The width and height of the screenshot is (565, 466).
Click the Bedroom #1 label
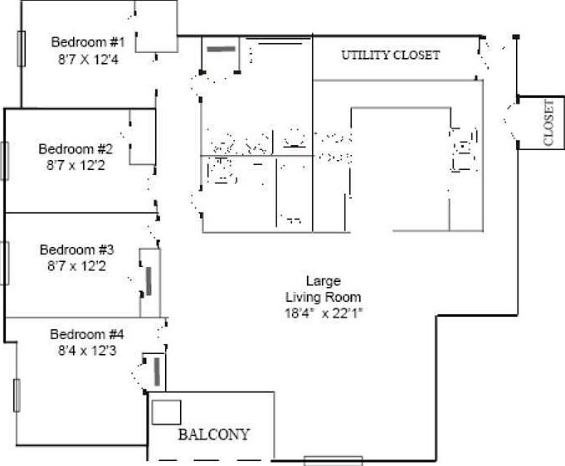coord(87,42)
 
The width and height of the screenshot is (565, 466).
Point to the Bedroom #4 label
coord(87,334)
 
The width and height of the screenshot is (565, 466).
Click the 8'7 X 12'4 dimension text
coord(87,59)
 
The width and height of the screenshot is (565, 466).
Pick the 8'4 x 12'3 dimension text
coord(87,351)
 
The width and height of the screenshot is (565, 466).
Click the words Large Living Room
coord(324,289)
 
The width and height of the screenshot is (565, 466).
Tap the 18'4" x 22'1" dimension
coord(324,313)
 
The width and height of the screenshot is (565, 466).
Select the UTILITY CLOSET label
coord(391,56)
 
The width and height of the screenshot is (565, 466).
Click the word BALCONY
coord(213,434)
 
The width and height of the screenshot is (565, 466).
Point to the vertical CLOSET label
coord(548,123)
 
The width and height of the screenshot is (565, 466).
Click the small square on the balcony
coord(166,412)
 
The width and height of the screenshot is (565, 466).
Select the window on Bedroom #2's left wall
coord(4,161)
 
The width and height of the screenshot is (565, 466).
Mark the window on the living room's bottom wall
coord(333,460)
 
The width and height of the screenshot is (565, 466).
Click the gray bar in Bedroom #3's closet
coord(149,281)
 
